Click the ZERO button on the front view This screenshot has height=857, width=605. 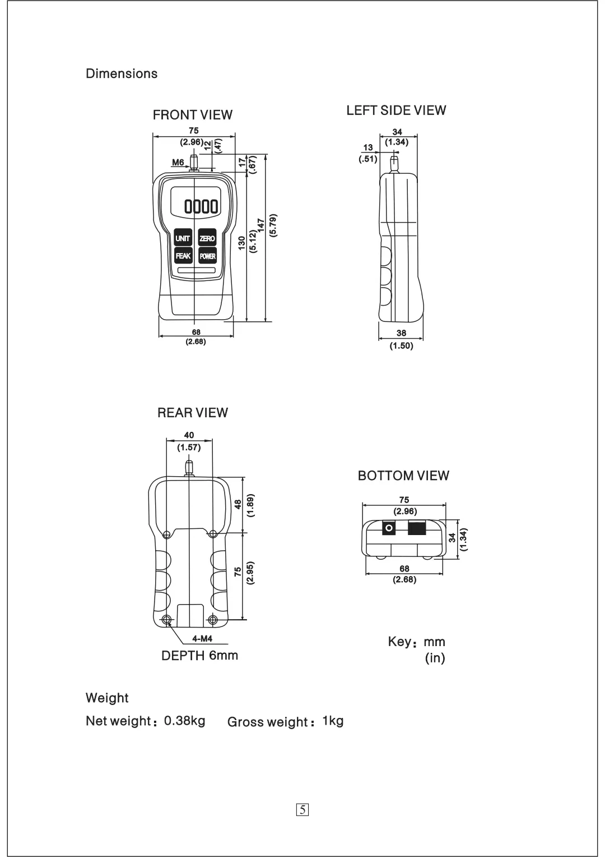[x=207, y=238]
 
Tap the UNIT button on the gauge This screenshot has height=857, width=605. [x=183, y=238]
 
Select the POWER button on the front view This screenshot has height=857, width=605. [x=207, y=256]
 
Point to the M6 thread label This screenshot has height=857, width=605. [x=178, y=163]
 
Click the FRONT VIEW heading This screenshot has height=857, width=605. [x=193, y=115]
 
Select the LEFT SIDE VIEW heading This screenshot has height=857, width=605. [x=396, y=110]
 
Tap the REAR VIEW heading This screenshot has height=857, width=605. [x=193, y=413]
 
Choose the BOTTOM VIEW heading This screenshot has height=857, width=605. [x=403, y=476]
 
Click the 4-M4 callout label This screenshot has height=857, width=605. [x=202, y=639]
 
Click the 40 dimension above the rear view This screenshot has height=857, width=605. [x=189, y=435]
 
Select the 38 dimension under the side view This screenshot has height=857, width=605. [x=401, y=333]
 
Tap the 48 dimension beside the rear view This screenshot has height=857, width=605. [x=238, y=504]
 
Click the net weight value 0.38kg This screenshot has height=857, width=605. [x=185, y=721]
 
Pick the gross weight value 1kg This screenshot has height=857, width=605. [x=333, y=721]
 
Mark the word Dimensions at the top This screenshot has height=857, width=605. [x=122, y=74]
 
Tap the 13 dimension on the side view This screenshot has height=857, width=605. [x=368, y=148]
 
